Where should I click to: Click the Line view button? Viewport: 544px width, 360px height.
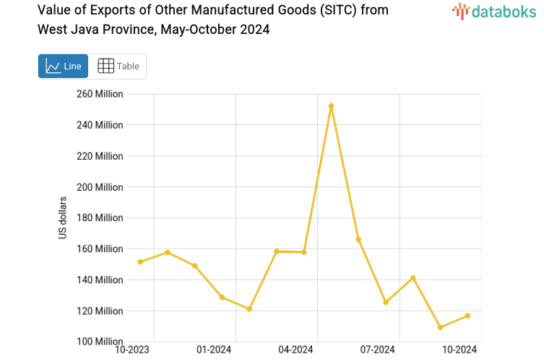63,67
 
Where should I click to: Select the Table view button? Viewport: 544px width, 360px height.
118,67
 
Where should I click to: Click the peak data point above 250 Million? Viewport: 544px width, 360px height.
331,106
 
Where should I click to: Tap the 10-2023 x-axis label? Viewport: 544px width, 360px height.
133,350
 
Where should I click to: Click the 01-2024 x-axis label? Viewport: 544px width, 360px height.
214,350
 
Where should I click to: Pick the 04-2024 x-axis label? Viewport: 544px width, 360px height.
295,350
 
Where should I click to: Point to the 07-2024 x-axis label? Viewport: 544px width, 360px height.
376,350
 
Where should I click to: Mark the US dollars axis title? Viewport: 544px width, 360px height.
63,218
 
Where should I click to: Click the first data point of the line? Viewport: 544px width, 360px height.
140,262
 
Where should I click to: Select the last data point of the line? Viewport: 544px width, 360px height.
467,316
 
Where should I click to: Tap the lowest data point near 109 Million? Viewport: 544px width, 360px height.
440,327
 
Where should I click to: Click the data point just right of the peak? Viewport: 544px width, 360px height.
358,239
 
